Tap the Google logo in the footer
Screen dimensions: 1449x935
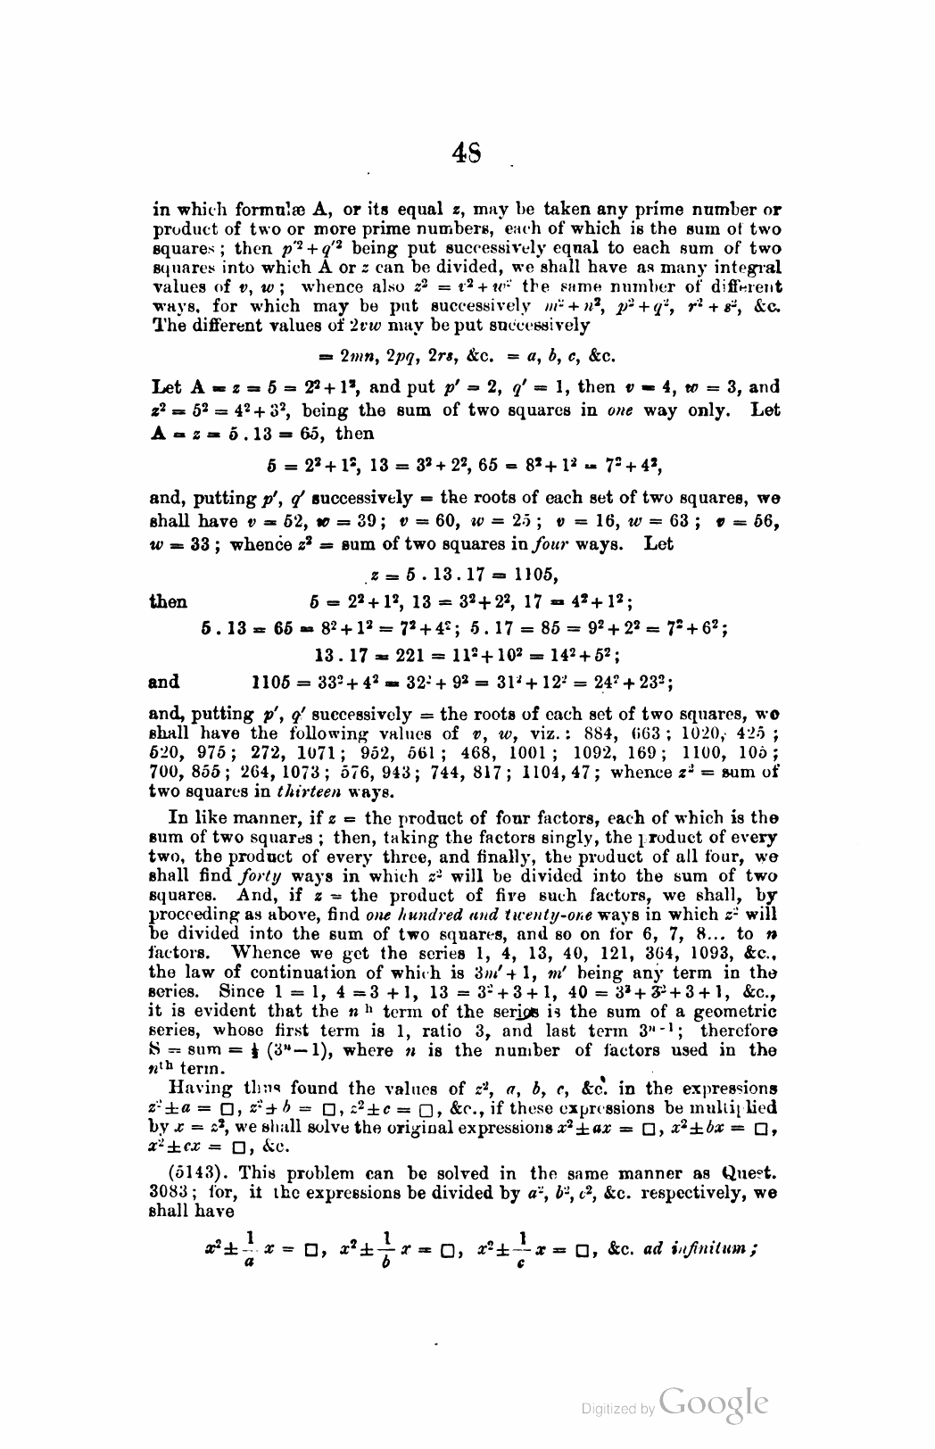point(711,1403)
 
